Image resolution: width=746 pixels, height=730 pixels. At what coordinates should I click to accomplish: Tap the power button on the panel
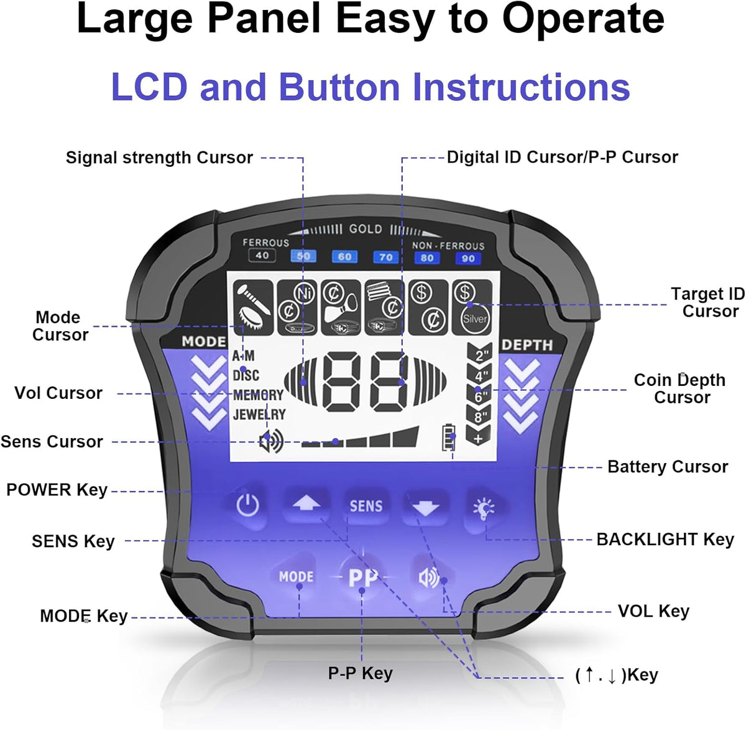pos(247,505)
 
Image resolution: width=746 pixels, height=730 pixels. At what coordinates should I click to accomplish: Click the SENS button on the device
pos(366,506)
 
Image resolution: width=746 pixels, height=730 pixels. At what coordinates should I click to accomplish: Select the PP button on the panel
pos(362,577)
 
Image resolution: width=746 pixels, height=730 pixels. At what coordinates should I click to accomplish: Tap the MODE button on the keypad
pos(296,576)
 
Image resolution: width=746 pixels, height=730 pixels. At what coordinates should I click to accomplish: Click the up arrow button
pos(306,504)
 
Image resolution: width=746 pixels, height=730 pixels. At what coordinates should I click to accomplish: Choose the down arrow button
pos(425,507)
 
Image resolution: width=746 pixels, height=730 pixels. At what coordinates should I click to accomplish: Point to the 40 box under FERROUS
pos(262,255)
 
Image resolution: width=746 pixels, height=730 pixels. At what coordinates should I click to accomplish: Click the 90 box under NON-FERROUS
pos(468,258)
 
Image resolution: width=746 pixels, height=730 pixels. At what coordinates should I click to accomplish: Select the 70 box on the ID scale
pos(385,257)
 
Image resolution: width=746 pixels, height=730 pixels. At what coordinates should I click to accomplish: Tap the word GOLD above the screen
pos(366,229)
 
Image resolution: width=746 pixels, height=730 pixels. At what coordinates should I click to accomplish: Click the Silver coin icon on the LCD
pos(474,318)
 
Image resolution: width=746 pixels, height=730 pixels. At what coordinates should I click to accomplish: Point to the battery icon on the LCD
pos(448,437)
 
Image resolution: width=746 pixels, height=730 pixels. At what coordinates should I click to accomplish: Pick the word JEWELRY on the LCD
pos(259,414)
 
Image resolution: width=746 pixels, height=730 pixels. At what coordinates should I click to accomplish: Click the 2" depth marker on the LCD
pos(479,355)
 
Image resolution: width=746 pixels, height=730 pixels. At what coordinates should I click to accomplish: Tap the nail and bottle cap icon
pos(253,307)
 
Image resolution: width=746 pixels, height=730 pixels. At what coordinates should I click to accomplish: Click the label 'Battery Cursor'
pos(668,467)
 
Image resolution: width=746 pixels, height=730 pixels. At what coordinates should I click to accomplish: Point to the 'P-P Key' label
pos(361,673)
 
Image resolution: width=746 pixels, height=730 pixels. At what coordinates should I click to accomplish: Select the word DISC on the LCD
pos(246,375)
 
